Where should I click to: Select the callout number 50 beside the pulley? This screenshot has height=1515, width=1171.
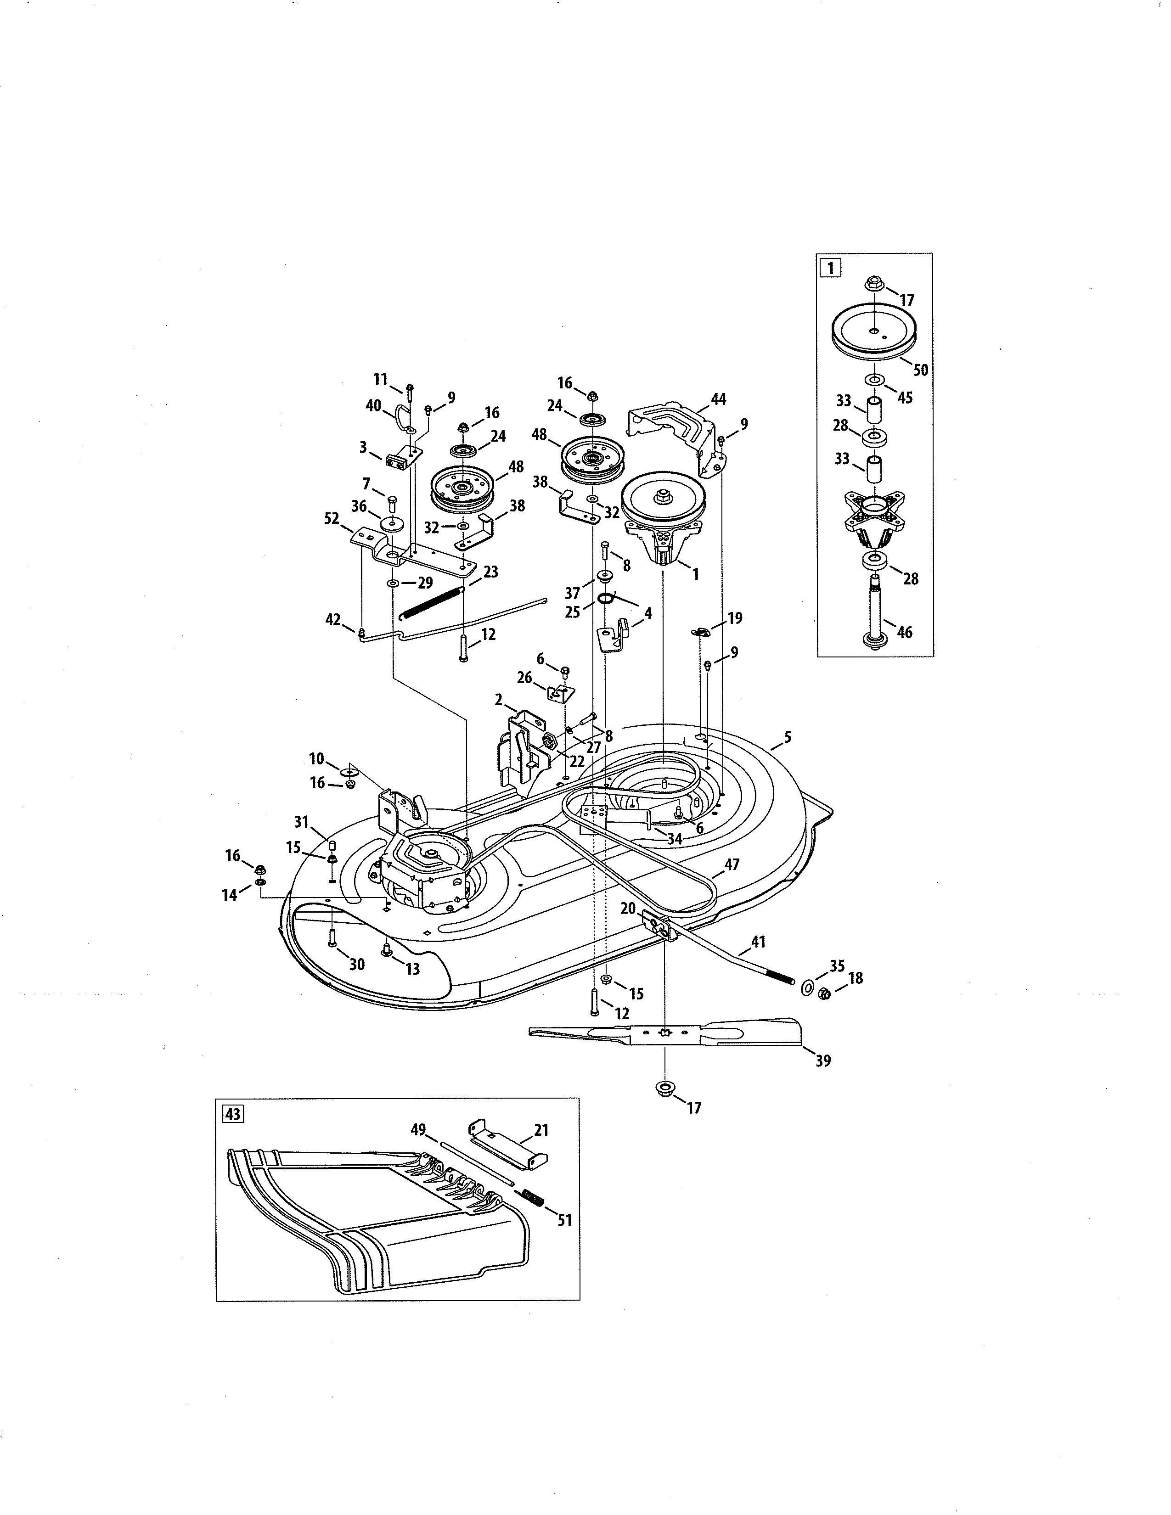[x=920, y=370]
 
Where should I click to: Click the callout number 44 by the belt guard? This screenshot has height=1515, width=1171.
[x=718, y=399]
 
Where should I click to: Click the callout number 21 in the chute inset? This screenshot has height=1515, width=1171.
[x=541, y=1130]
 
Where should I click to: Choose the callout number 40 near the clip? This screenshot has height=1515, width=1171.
[x=373, y=405]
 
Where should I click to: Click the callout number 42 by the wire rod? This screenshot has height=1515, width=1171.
[x=333, y=619]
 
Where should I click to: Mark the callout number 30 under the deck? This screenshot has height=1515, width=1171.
[x=356, y=964]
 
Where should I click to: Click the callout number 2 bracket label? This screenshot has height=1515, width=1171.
[x=498, y=700]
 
